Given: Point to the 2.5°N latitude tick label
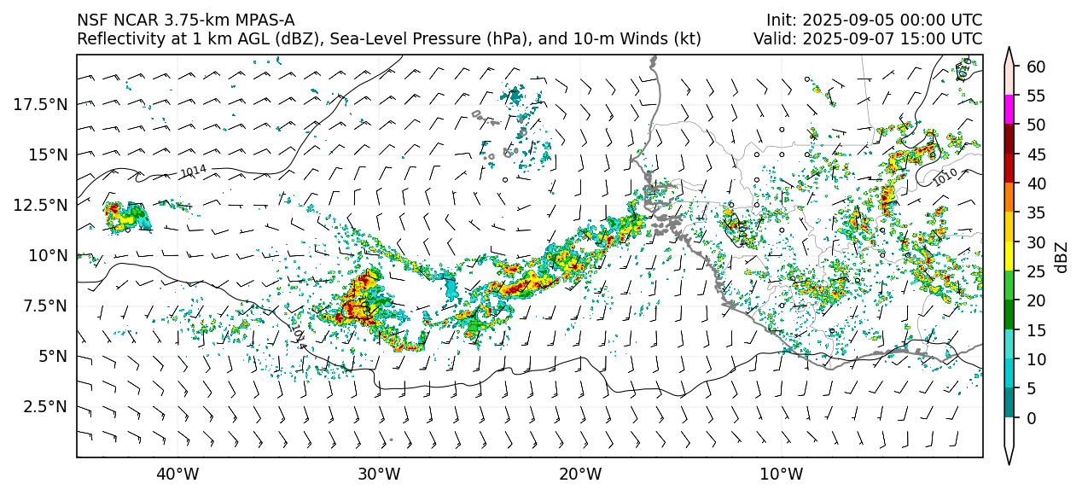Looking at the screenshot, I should click(x=43, y=406).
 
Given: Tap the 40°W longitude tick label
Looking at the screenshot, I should click(x=177, y=474).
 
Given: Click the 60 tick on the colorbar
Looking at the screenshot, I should click(x=1035, y=67).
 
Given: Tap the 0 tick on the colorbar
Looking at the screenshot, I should click(x=1031, y=418).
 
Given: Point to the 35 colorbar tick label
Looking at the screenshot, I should click(x=1035, y=213).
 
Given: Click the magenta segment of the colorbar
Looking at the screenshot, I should click(x=1009, y=109).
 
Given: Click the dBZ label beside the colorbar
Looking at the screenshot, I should click(x=1061, y=257).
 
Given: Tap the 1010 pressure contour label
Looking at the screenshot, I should click(x=945, y=178).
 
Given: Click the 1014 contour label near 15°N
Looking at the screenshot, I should click(x=193, y=172).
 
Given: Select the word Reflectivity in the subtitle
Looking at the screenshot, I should click(x=118, y=39).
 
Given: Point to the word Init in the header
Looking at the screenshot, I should click(x=781, y=20).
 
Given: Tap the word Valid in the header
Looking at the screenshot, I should click(x=773, y=39).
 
